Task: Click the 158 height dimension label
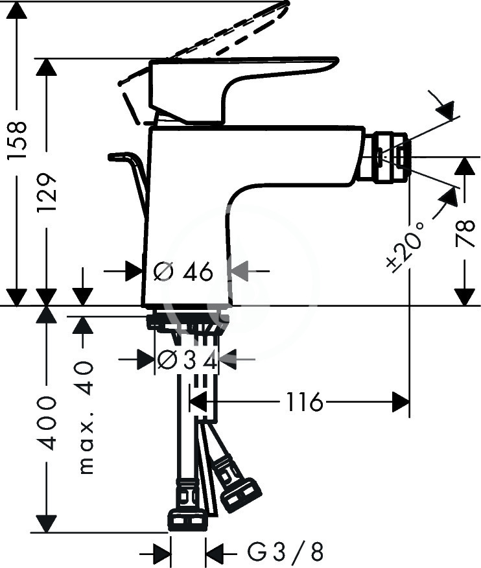click(17, 139)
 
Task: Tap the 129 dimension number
click(47, 193)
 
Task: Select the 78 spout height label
click(465, 233)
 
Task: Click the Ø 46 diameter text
click(183, 271)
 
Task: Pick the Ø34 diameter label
click(187, 360)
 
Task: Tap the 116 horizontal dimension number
click(304, 402)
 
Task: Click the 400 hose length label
click(47, 423)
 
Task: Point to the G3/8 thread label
click(285, 552)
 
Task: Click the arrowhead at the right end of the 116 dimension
click(401, 402)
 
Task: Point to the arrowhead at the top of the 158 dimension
click(17, 12)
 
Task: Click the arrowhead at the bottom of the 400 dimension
click(47, 523)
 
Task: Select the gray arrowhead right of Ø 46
click(240, 271)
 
